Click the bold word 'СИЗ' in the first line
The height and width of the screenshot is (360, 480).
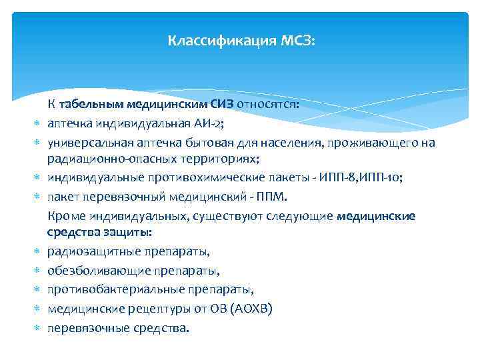tap(221, 104)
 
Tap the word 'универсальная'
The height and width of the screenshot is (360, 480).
tap(82, 141)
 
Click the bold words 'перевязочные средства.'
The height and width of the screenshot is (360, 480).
tap(118, 328)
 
